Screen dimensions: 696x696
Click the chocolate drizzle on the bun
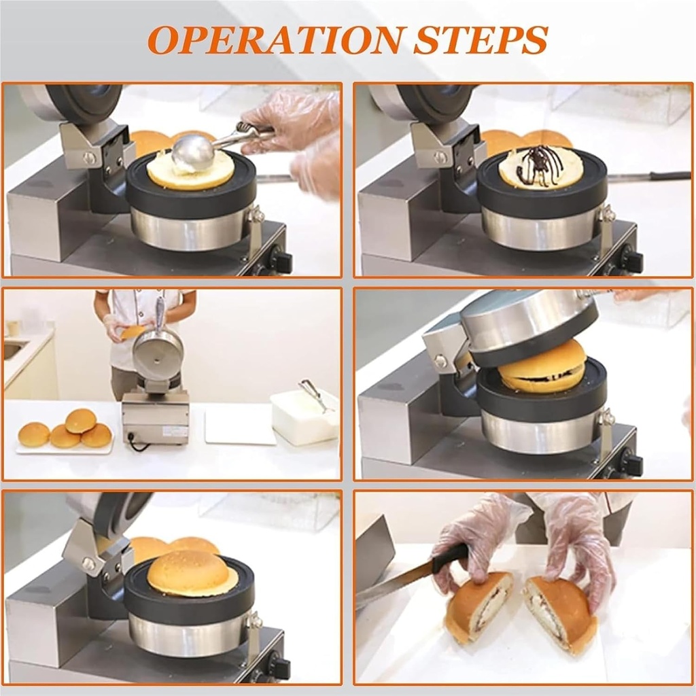(x=537, y=167)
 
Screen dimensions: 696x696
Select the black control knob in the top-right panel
(x=630, y=259)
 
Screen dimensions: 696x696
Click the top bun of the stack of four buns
(x=80, y=420)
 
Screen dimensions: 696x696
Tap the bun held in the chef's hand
(x=131, y=332)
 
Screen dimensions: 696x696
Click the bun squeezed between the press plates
(x=542, y=367)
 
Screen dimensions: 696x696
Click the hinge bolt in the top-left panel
(x=89, y=158)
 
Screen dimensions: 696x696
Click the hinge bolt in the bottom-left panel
(x=88, y=563)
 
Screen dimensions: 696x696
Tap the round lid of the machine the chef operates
(x=158, y=355)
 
